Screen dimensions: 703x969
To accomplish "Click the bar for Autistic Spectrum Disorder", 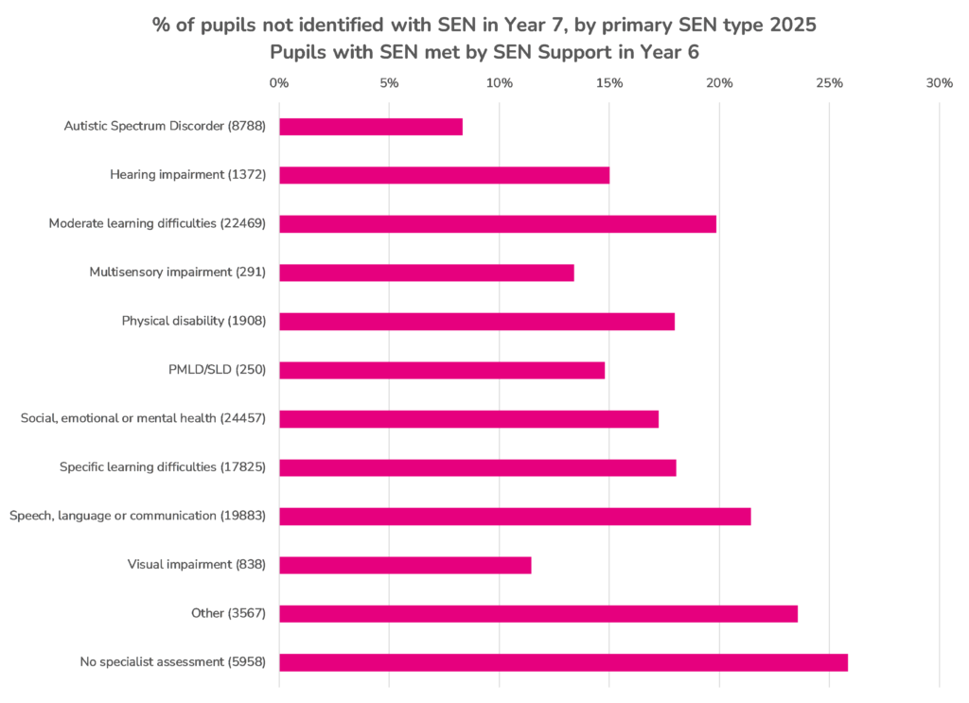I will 371,127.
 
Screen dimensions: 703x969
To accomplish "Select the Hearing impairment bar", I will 444,175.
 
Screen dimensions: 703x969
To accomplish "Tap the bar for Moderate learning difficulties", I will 498,224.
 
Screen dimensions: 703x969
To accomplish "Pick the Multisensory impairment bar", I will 427,272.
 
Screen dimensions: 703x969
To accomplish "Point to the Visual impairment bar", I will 405,565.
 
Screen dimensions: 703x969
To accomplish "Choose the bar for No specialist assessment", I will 563,662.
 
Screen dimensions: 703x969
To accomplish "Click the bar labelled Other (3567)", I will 538,613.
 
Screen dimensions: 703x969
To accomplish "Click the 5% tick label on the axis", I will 389,83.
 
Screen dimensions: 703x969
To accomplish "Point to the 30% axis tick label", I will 940,83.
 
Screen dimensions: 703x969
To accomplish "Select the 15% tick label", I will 609,83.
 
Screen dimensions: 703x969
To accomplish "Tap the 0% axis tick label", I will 279,83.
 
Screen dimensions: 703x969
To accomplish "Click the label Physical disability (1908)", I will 194,321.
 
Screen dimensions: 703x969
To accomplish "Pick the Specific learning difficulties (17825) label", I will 163,467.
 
